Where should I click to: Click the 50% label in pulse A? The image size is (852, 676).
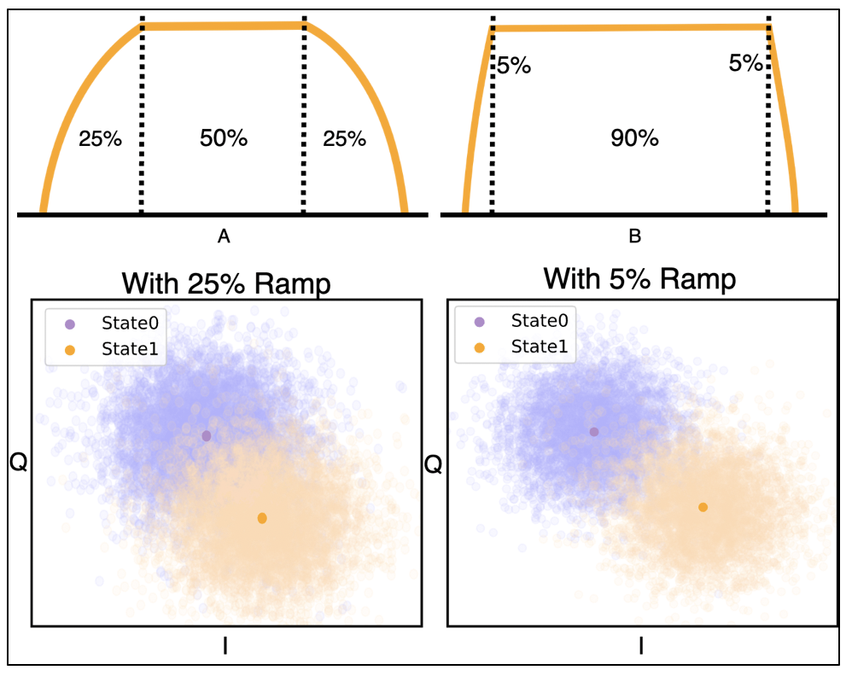tap(224, 138)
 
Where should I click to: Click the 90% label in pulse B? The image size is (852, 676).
tap(635, 138)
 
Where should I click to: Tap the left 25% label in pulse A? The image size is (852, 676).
tap(100, 138)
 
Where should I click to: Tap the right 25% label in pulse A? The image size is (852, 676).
tap(344, 138)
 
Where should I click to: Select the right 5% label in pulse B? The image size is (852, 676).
tap(745, 64)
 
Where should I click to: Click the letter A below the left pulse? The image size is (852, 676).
tap(225, 238)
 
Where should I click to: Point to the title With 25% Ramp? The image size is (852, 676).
tap(226, 283)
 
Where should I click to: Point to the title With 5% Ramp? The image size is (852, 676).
tap(639, 278)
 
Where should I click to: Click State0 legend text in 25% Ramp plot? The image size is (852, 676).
tap(130, 323)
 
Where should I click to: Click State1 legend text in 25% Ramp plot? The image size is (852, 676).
tap(130, 348)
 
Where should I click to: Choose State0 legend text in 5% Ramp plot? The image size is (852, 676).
tap(540, 321)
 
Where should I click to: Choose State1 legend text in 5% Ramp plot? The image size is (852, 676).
tap(540, 347)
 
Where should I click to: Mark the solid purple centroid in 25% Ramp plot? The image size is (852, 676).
tap(206, 436)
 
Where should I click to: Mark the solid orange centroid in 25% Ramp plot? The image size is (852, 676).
tap(262, 518)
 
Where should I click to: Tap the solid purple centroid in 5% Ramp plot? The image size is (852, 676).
tap(594, 432)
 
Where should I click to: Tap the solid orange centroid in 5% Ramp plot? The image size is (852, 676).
tap(703, 507)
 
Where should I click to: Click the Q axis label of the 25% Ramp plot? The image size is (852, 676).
tap(16, 462)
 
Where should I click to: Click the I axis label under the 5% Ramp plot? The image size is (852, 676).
tap(641, 647)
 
